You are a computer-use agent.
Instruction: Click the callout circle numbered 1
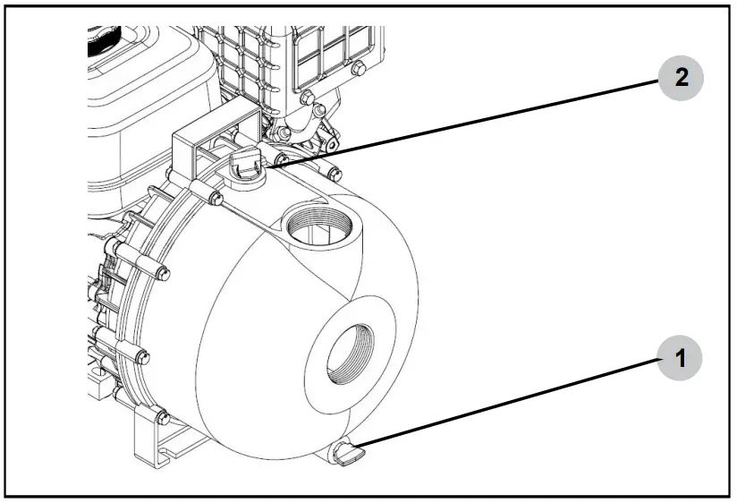click(681, 360)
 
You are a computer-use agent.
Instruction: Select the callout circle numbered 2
click(681, 78)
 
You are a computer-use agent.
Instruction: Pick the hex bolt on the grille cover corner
click(358, 67)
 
